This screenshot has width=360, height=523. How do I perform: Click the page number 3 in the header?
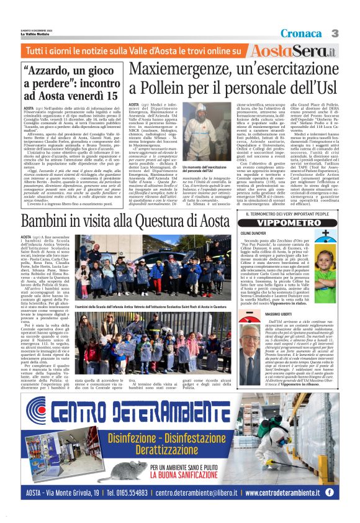(335, 33)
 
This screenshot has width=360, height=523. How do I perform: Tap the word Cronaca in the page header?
(302, 33)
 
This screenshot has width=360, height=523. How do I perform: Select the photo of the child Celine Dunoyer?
(324, 268)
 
